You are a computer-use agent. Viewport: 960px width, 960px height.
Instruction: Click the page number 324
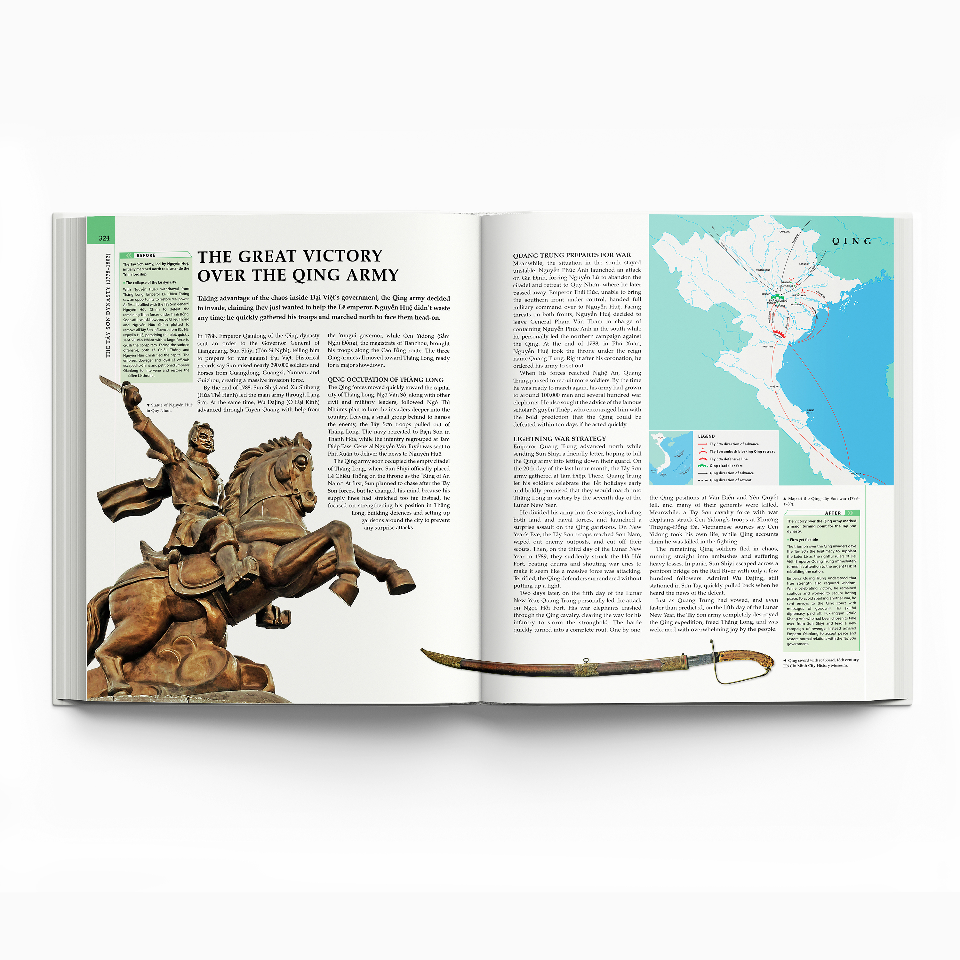104,238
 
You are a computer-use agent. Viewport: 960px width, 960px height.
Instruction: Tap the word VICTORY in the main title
343,256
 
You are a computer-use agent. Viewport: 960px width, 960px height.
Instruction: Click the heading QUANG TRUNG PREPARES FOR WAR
572,255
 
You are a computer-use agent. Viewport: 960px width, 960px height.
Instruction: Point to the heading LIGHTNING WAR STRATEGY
559,439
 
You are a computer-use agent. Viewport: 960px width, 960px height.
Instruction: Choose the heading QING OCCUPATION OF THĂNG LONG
385,380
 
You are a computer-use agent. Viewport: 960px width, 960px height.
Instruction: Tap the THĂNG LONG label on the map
778,300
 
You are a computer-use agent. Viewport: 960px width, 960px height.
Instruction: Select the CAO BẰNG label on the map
784,232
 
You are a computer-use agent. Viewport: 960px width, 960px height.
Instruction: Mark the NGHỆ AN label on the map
774,386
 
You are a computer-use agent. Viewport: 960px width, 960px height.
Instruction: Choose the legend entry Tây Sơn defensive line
728,459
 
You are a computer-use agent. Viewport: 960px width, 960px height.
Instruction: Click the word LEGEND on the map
706,436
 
